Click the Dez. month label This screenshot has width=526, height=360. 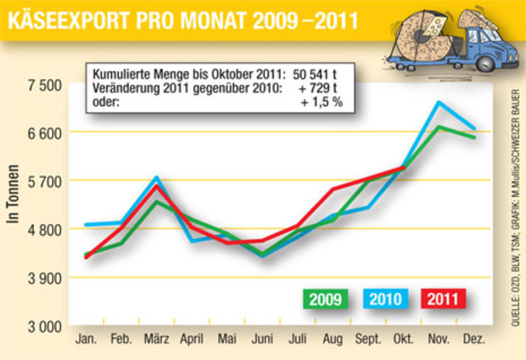click(473, 340)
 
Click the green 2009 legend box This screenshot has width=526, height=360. click(325, 299)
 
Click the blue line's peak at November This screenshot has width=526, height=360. click(438, 103)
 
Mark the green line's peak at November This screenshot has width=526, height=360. click(438, 127)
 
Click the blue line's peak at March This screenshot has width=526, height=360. click(157, 178)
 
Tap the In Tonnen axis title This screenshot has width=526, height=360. click(14, 205)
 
